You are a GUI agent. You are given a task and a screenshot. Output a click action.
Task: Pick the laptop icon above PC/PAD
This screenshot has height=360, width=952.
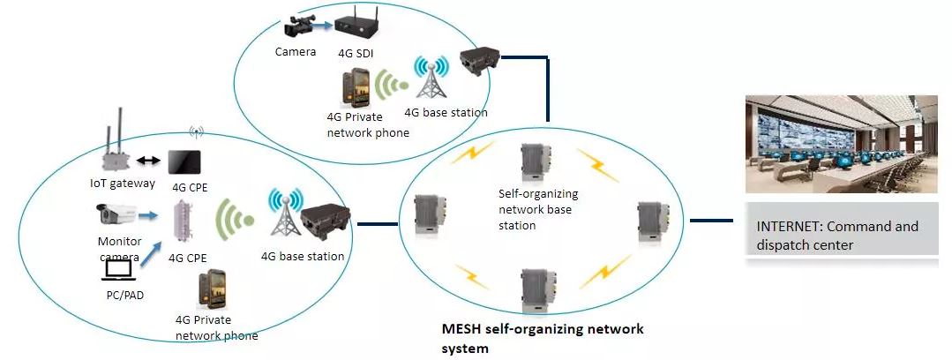[118, 269]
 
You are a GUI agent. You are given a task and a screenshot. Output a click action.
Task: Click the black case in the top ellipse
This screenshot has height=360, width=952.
[479, 63]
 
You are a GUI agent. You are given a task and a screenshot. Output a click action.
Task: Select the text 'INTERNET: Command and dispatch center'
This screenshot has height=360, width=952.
[837, 236]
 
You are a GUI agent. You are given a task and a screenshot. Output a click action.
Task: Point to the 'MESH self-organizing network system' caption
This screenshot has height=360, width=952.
[542, 338]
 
